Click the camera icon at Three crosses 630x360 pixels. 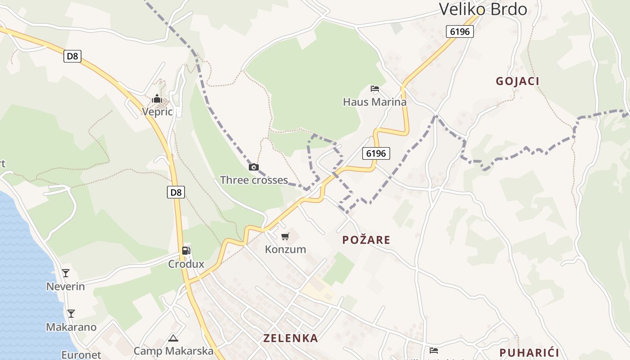coord(254,167)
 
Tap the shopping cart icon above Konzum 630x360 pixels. coord(285,236)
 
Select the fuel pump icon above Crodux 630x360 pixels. coord(186,251)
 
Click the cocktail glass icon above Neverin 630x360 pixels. coord(66,273)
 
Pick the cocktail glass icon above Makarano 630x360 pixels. coord(71,313)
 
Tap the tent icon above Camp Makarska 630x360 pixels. coord(173,337)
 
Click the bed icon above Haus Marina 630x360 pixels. coord(375,89)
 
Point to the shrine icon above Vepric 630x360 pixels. coord(157,99)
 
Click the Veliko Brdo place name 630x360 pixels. coord(483,9)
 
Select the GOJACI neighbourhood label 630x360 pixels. coord(517,81)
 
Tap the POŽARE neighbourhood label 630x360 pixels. coord(366,240)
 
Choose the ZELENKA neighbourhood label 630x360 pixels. coord(291,338)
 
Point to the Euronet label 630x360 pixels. coord(81,355)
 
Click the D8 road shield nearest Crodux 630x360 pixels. coord(176,192)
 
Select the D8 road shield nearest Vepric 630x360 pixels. coord(72,56)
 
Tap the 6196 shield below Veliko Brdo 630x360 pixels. coord(460,31)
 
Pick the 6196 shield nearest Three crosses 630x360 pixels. coord(376,153)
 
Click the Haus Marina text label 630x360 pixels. coord(374,102)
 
